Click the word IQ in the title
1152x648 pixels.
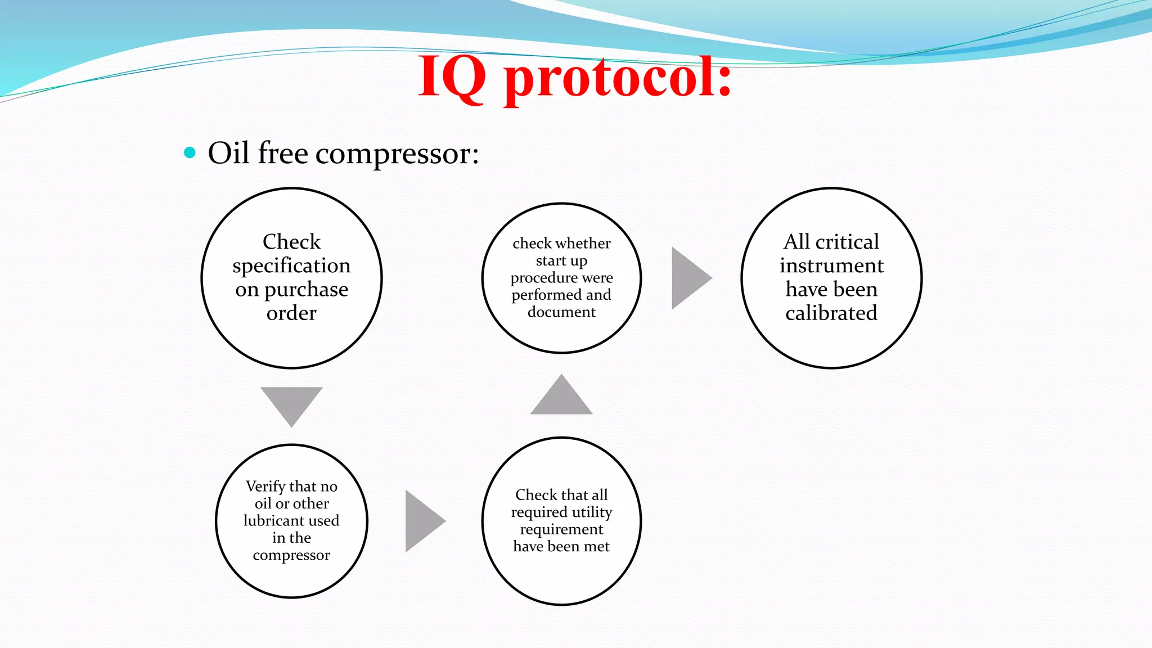452,77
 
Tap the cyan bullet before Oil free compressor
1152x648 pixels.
190,152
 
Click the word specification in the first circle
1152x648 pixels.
291,265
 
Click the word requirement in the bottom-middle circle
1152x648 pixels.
561,529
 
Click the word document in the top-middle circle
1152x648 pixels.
561,312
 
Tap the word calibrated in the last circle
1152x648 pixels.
831,313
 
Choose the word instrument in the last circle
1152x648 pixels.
831,265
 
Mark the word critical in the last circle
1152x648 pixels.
847,242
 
